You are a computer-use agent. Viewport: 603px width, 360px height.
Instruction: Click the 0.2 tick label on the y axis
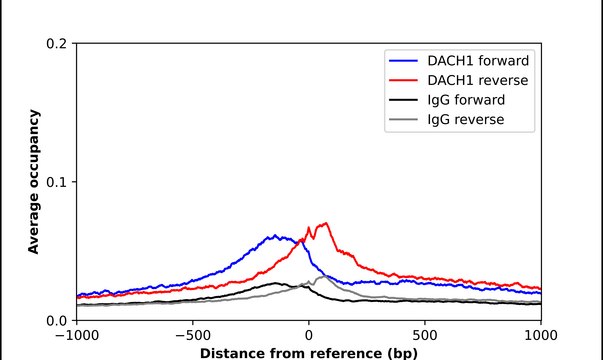57,44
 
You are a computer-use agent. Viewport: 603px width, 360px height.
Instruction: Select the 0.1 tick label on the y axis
57,182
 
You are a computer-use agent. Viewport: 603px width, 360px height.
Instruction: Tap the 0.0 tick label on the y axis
57,320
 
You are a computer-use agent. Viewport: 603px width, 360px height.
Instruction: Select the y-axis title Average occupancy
33,182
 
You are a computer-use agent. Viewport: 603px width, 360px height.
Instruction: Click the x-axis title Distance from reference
308,353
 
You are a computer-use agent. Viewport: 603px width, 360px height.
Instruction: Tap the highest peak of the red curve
325,223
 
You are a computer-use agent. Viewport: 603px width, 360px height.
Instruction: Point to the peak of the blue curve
275,236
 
